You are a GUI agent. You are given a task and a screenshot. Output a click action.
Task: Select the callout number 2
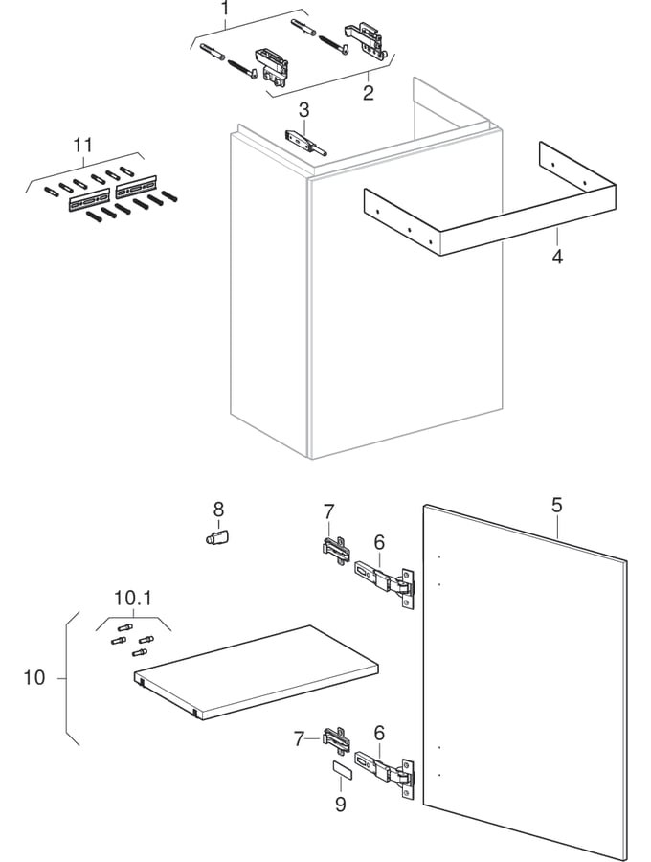tap(368, 93)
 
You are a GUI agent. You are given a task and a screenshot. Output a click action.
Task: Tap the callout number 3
tap(303, 110)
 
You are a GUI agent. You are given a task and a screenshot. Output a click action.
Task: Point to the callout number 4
tap(557, 258)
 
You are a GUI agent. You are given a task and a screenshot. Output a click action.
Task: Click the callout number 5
tap(557, 504)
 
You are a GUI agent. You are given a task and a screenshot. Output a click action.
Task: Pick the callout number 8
tap(218, 509)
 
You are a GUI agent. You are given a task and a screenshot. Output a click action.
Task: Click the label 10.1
tap(133, 599)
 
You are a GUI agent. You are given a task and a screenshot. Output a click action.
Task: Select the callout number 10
tap(34, 678)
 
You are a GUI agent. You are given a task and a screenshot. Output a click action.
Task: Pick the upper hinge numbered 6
tap(388, 580)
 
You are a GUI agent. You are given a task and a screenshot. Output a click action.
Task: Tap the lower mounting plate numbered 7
tap(335, 740)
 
